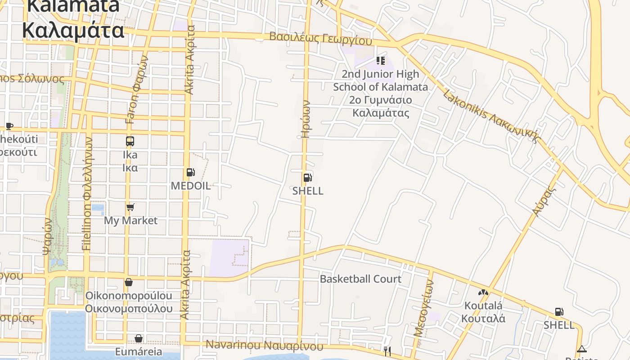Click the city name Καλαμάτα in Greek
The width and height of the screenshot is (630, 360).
[73, 31]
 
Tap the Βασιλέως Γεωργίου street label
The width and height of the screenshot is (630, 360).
[320, 38]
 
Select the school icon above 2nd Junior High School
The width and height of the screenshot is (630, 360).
[381, 60]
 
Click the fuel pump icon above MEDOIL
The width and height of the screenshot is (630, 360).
[190, 172]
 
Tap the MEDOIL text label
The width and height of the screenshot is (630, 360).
[190, 186]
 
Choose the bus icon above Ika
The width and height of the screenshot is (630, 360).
[130, 141]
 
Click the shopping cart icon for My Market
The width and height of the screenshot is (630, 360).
[130, 207]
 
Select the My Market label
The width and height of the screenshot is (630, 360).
[130, 220]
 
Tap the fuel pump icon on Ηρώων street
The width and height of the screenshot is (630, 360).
[308, 177]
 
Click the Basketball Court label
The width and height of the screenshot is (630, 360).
[360, 279]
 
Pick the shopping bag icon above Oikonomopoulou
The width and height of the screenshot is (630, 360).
[129, 282]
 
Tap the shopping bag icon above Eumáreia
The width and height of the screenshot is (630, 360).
[139, 338]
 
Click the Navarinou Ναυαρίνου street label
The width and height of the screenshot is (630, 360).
[265, 346]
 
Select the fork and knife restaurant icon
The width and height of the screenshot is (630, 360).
[387, 350]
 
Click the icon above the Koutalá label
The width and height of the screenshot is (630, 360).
[483, 292]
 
